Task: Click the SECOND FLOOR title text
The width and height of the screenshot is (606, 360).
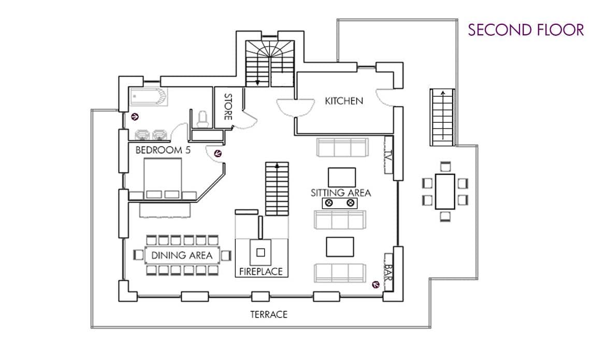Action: pos(526,30)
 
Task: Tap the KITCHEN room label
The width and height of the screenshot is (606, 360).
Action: pos(344,101)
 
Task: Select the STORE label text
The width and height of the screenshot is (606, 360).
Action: pos(227,107)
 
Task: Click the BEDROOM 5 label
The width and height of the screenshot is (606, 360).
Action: pos(159,150)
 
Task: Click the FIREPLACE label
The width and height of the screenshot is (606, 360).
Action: pos(261,271)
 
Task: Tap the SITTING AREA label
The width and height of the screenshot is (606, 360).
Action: pos(341,193)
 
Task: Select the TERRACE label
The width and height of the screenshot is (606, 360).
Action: pos(268,314)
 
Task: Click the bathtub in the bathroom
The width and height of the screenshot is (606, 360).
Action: pos(148,97)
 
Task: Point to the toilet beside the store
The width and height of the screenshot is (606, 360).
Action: pos(203,119)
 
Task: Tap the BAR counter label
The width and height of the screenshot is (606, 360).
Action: pos(388,269)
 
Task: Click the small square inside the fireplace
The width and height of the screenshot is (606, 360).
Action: pos(261,253)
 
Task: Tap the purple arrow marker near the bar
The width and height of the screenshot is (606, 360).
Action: pos(375,284)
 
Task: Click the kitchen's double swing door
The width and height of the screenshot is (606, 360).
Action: pos(296,106)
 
